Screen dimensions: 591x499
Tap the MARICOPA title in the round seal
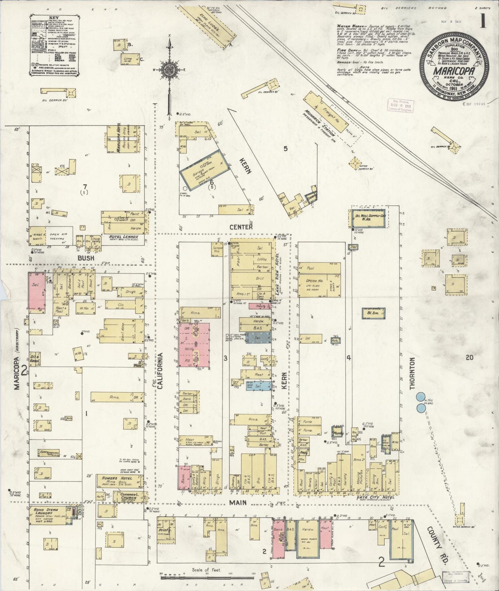coord(454,72)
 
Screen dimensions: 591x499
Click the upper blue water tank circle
coord(421,397)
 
